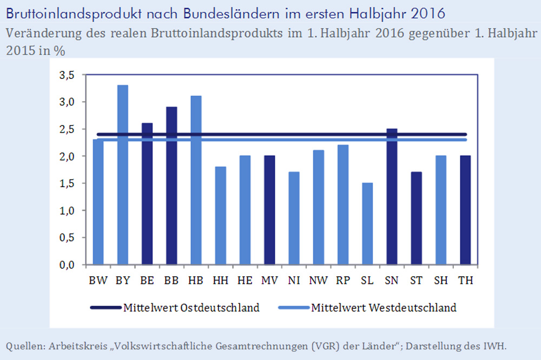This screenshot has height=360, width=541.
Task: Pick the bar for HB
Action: (x=196, y=181)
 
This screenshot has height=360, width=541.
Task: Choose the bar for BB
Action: (x=171, y=186)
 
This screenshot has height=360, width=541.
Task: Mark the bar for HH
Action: (x=220, y=216)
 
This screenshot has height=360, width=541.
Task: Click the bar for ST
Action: (x=416, y=218)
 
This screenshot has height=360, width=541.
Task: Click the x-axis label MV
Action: (x=269, y=281)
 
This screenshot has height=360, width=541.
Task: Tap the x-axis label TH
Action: (x=465, y=281)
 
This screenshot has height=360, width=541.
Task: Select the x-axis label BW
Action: (x=98, y=281)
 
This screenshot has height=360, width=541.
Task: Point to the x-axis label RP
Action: (x=342, y=281)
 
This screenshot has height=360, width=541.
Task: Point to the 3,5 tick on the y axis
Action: (x=68, y=75)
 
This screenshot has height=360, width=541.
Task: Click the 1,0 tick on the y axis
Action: (x=68, y=211)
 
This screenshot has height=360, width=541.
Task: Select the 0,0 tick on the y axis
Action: (x=68, y=265)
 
